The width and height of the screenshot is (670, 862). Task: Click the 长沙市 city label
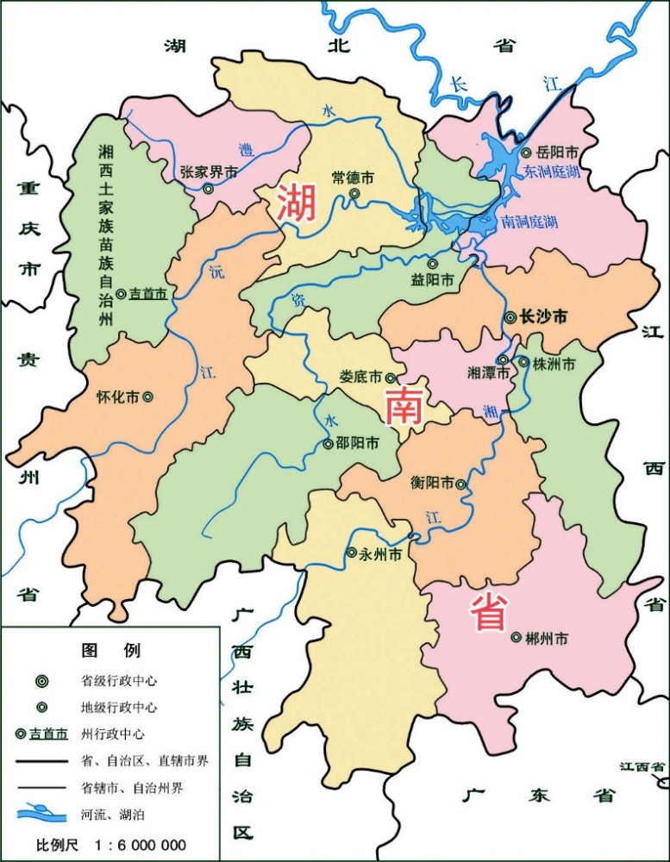[x=544, y=317]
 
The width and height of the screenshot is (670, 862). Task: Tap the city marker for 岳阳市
[x=526, y=153]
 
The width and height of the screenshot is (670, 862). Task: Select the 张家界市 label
[x=208, y=171]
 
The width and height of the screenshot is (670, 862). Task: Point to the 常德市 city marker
[x=354, y=194]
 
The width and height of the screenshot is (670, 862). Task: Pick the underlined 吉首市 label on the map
[x=147, y=294]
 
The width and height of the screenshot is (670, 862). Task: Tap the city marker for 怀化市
[x=148, y=397]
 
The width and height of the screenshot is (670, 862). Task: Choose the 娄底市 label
[x=360, y=378]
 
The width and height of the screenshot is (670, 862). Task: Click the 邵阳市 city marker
[x=328, y=444]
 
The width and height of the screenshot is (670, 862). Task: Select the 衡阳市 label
[x=432, y=484]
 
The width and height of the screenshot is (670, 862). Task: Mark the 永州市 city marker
[x=351, y=553]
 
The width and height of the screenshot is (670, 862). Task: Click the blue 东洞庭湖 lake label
[x=551, y=172]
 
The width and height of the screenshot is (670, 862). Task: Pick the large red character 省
[x=488, y=614]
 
